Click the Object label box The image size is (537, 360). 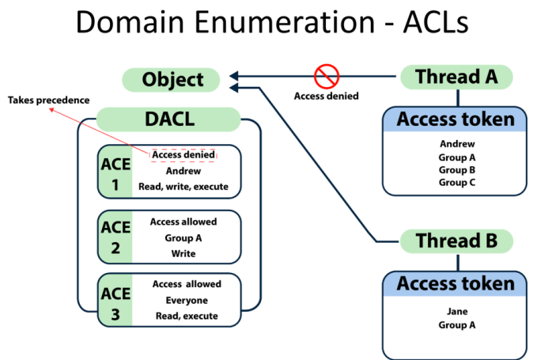click(x=172, y=80)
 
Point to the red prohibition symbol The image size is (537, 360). click(x=327, y=77)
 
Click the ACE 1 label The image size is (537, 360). click(x=115, y=171)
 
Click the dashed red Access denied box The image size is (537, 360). click(x=183, y=154)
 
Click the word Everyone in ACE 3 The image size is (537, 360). click(x=186, y=300)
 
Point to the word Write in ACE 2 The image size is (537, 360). click(x=183, y=253)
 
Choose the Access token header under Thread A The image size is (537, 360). click(x=455, y=120)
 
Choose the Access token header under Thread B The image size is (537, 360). click(x=455, y=283)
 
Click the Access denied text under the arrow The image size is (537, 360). click(x=326, y=97)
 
